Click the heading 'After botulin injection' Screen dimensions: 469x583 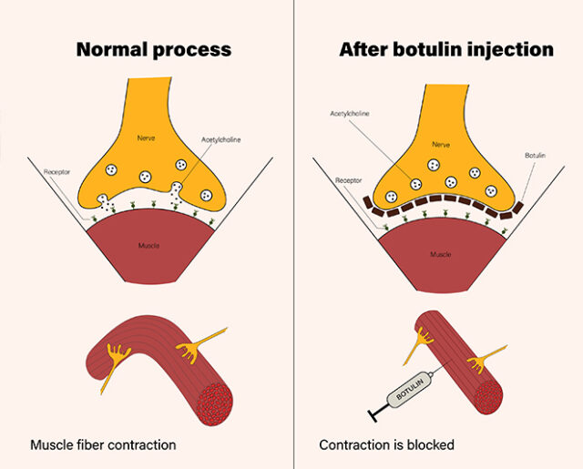446,49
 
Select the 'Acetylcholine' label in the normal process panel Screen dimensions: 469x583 220,142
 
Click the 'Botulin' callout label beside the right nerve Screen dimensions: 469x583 535,156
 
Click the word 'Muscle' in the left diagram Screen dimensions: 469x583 151,246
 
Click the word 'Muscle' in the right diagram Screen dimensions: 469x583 441,254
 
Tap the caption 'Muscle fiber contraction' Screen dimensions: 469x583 103,445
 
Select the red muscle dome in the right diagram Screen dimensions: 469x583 441,260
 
